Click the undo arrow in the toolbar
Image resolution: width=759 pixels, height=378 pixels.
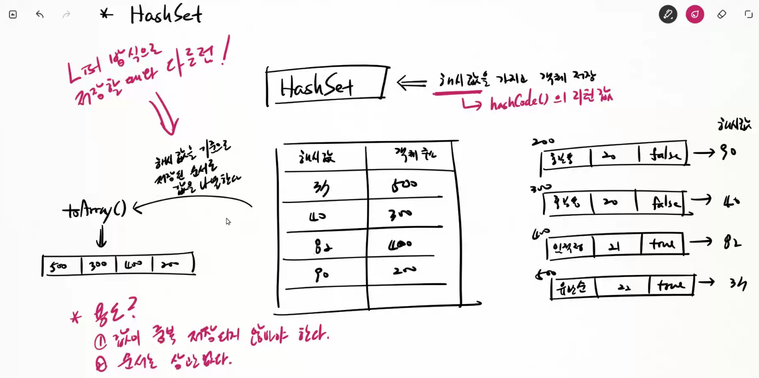(40, 14)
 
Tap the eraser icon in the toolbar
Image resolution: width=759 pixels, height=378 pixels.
(721, 14)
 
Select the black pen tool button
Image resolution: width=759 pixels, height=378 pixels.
(668, 14)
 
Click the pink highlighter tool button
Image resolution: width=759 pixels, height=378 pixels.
(695, 14)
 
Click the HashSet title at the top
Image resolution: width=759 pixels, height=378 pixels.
(166, 14)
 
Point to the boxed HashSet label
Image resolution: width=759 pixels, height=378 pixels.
(317, 86)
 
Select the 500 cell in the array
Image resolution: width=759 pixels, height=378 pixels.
(59, 266)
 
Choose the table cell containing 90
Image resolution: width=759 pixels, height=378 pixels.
(322, 274)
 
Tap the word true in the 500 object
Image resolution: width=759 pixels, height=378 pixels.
(671, 286)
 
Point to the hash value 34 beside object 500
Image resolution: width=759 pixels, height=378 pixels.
(737, 284)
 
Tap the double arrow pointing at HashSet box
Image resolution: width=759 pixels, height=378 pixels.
(411, 83)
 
